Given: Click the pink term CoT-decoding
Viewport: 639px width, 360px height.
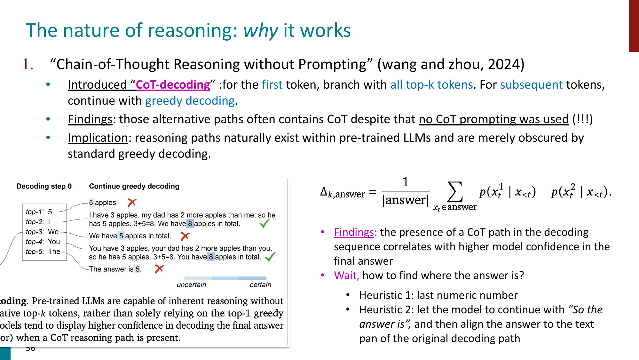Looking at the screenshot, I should pos(173,85).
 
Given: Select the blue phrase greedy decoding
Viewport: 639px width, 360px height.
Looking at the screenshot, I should pos(190,101).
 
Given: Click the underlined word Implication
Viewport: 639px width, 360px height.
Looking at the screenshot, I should pos(98,138).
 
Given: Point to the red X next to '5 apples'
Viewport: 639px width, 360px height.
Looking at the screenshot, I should pos(132,203).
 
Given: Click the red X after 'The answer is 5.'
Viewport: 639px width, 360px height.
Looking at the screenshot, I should pos(159,269).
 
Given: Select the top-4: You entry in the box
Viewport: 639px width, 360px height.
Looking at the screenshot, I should pos(43,242).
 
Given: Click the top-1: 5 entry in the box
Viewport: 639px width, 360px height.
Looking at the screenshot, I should pos(39,212).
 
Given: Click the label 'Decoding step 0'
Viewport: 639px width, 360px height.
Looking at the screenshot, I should pos(44,186).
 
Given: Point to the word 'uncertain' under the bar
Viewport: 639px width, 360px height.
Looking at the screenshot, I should pos(191,285).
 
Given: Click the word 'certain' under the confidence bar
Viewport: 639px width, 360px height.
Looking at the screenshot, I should pos(260,285).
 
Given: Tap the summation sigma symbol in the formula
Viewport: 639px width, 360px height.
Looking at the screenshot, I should pos(455,192).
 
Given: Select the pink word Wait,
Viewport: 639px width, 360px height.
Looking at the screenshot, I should pos(346,276).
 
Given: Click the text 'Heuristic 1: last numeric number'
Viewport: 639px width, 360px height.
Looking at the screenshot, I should pos(438,295).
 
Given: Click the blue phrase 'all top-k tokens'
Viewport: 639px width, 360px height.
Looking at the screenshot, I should pos(431,85).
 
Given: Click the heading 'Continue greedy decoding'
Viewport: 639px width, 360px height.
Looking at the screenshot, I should pos(134,186).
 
